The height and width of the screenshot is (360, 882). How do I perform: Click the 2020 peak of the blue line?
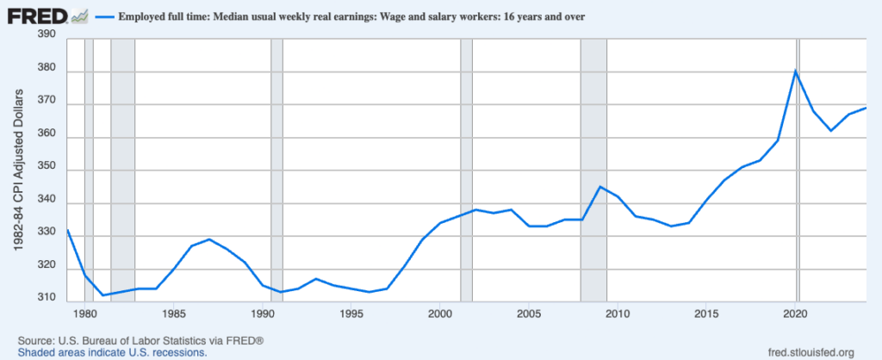pyautogui.click(x=796, y=70)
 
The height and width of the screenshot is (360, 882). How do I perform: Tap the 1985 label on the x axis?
pyautogui.click(x=174, y=313)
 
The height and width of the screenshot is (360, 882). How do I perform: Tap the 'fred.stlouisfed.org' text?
pyautogui.click(x=809, y=351)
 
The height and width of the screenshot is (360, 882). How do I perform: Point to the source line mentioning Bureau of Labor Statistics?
pyautogui.click(x=140, y=339)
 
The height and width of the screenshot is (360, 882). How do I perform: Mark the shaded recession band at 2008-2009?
pyautogui.click(x=593, y=168)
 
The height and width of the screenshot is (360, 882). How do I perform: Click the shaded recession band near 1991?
pyautogui.click(x=276, y=168)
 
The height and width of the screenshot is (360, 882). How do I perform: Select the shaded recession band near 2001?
pyautogui.click(x=466, y=168)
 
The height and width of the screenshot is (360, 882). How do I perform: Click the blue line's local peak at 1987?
pyautogui.click(x=209, y=239)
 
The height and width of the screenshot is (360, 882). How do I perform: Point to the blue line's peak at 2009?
pyautogui.click(x=600, y=186)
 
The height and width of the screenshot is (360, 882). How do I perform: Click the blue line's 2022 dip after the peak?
pyautogui.click(x=831, y=131)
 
